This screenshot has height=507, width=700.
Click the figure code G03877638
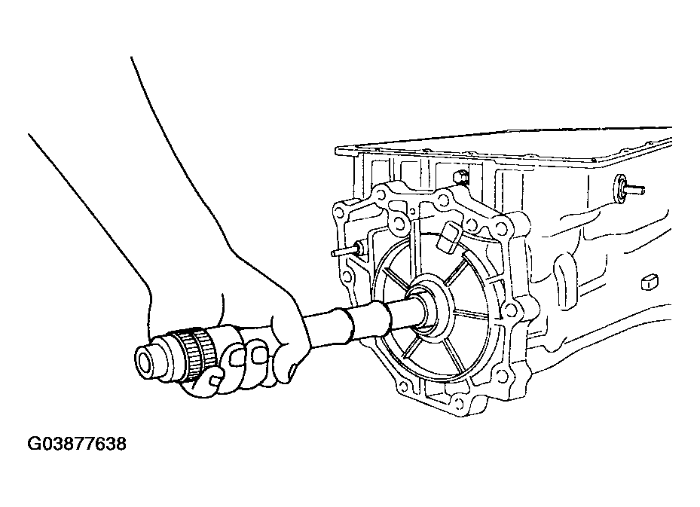coord(77,444)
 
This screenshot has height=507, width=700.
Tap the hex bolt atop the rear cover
coord(460,178)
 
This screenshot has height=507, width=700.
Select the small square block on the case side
coord(650,281)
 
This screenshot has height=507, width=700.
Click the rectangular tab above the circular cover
coord(448,235)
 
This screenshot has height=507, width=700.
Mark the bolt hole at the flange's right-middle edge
coord(515,310)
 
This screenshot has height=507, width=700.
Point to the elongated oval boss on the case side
coord(561,270)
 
